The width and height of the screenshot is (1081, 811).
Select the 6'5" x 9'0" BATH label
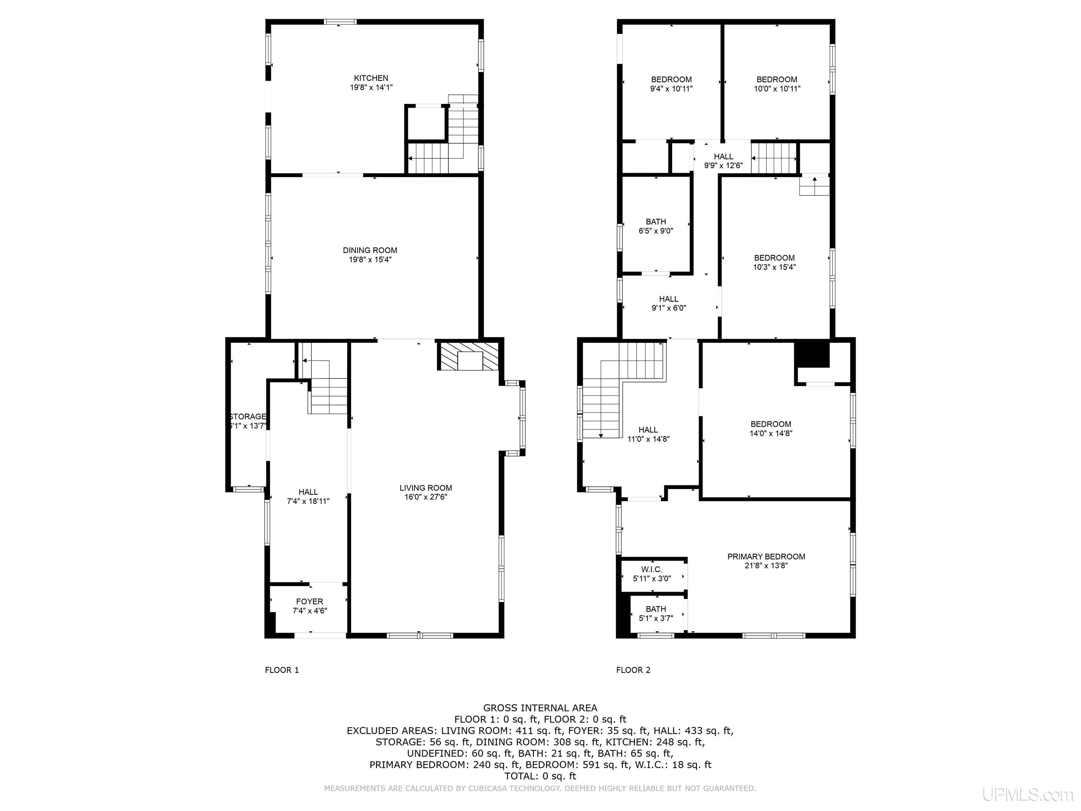coord(656,226)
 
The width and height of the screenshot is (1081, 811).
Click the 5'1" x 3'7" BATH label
coord(656,614)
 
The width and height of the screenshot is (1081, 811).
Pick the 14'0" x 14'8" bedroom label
coord(771,429)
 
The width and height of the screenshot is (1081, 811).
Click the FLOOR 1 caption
coord(282,670)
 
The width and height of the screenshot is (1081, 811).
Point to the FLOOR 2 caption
coord(633,670)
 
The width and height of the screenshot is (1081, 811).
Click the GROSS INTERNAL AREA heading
coord(540,708)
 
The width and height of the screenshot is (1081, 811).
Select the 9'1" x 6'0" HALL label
coord(669,303)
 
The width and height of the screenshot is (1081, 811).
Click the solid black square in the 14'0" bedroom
coord(812,355)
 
